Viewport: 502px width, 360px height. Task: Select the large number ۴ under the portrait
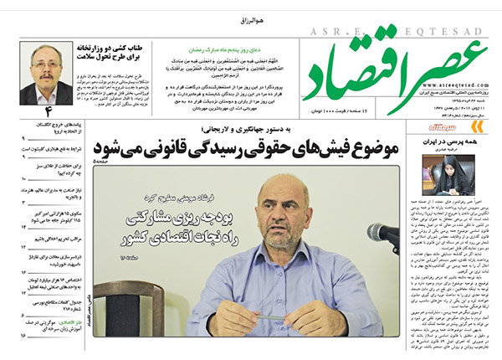(49, 111)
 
